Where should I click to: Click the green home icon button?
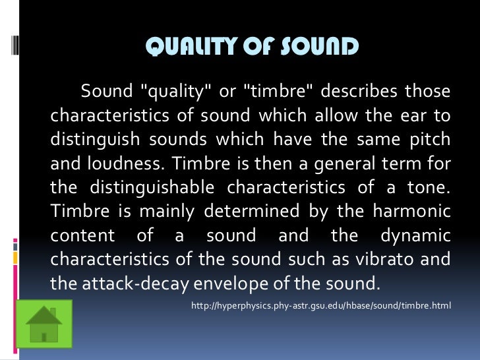point(43,324)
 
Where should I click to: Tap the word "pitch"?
point(429,140)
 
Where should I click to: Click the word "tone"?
point(429,188)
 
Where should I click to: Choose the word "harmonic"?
point(413,212)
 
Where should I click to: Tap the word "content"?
point(77,235)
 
